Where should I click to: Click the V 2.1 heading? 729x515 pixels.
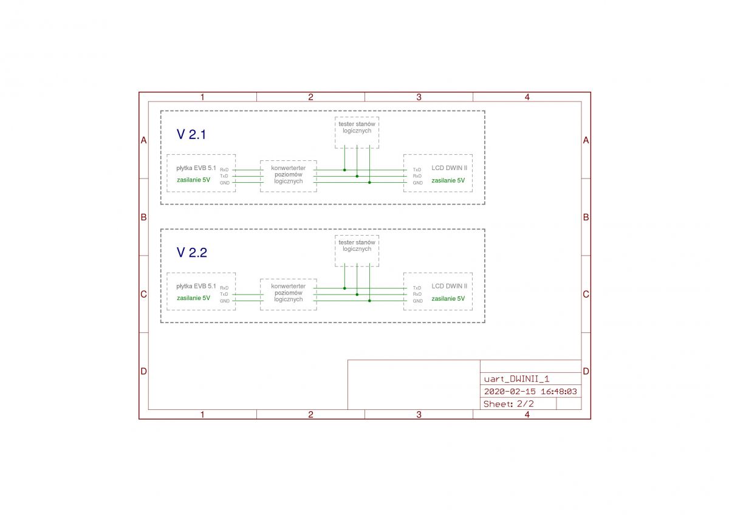click(x=191, y=134)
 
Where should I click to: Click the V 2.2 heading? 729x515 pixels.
click(x=192, y=253)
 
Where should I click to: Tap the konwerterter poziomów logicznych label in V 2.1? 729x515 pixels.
click(x=289, y=175)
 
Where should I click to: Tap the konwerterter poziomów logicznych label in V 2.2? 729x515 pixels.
click(x=289, y=293)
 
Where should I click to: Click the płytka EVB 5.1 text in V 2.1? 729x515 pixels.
click(x=196, y=168)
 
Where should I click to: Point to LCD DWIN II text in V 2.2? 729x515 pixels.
click(x=449, y=286)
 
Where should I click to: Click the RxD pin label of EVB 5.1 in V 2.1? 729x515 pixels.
click(x=224, y=170)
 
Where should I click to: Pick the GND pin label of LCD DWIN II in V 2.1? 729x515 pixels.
click(x=417, y=183)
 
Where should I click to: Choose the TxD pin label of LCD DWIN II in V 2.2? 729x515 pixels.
click(x=417, y=288)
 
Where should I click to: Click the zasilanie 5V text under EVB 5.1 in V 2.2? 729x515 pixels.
click(x=193, y=298)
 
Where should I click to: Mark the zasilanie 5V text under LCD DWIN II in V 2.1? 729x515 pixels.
click(x=448, y=180)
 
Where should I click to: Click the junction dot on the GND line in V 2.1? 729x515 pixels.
click(x=369, y=183)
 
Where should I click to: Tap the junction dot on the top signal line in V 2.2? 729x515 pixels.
click(x=344, y=288)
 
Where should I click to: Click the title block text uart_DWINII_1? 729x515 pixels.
click(x=516, y=379)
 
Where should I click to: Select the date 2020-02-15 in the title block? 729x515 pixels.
click(x=508, y=391)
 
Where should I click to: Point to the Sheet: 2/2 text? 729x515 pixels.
click(x=508, y=404)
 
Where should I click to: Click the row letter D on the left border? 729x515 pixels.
click(x=143, y=371)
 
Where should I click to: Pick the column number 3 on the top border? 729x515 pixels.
click(x=419, y=97)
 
